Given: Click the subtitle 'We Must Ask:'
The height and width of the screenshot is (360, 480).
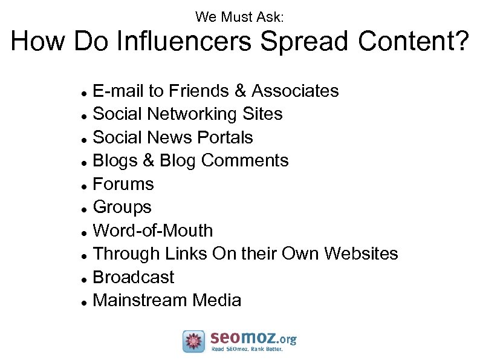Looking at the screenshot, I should (x=239, y=18).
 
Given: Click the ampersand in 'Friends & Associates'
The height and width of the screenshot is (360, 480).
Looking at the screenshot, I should (x=240, y=91).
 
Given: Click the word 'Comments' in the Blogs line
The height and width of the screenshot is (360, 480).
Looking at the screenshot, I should (x=245, y=160).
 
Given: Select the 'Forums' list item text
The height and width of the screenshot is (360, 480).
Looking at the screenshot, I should (x=123, y=184).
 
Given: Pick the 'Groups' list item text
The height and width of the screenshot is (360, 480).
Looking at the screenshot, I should (x=122, y=207).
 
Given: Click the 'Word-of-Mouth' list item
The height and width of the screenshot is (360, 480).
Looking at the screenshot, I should (x=153, y=231).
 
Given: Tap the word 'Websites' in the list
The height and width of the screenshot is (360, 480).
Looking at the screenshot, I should (x=361, y=254).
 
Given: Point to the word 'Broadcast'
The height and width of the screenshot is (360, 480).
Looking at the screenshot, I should (x=134, y=277).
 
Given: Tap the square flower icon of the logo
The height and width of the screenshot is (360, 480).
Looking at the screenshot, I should (x=194, y=341).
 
